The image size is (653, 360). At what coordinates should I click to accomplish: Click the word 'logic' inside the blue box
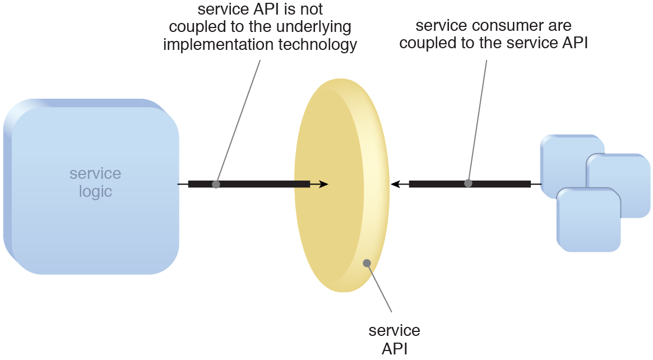(95, 192)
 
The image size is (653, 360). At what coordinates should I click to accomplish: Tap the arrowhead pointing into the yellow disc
(323, 184)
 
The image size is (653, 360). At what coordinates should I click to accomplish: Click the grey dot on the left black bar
(216, 184)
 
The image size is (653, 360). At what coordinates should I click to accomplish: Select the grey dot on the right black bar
(468, 183)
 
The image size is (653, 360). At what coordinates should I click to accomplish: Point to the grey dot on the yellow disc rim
(367, 262)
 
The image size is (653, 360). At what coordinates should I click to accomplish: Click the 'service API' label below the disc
(394, 339)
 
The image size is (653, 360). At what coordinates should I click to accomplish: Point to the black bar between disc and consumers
(499, 184)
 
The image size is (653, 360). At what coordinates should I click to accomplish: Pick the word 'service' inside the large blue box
(95, 173)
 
